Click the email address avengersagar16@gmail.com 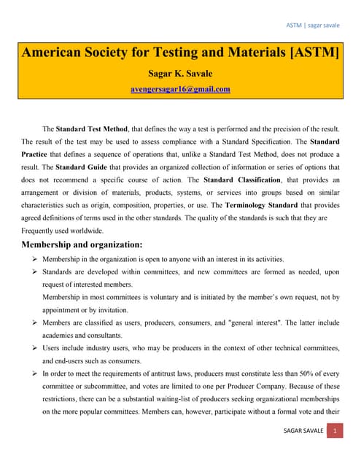coord(180,90)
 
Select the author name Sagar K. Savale coord(180,74)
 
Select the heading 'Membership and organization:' coord(92,244)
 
